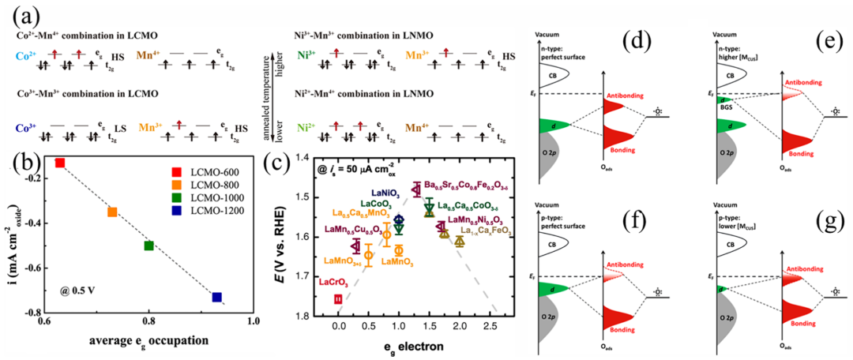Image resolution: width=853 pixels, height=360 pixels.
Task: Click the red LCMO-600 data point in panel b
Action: point(59,163)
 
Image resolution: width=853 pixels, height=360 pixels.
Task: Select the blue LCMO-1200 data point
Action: point(216,298)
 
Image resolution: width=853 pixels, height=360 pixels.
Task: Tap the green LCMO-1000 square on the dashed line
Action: point(148,246)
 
